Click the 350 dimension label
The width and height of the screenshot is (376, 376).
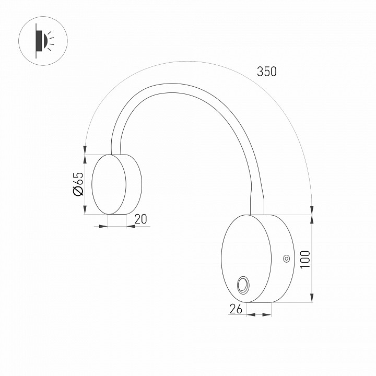point(266,72)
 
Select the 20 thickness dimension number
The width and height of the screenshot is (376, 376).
point(140,220)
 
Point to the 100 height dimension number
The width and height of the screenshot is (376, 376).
point(305,259)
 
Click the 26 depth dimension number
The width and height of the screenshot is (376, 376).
point(236,309)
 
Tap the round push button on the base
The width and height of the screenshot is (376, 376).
point(243,285)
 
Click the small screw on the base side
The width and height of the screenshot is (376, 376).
point(286,258)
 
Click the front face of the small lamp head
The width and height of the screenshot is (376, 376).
point(109,184)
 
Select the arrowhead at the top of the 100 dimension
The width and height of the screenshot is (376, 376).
point(312,219)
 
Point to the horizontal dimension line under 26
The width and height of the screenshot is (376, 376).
point(260,314)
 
